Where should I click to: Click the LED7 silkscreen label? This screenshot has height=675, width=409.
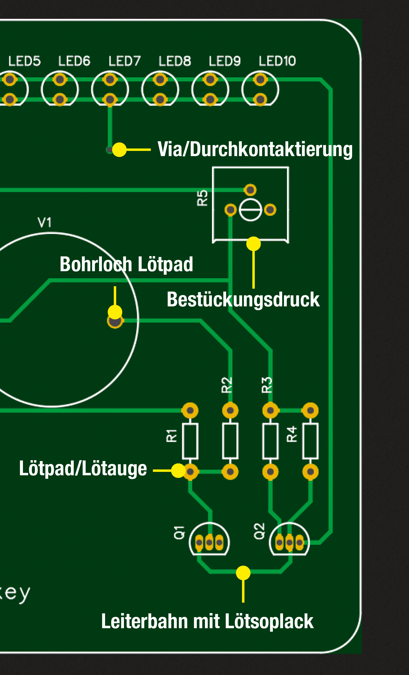pos(124,61)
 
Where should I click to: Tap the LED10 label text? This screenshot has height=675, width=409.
pos(277,61)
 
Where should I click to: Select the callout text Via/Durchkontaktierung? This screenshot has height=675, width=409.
pos(255,149)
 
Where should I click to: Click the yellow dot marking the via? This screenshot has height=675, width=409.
pos(119,150)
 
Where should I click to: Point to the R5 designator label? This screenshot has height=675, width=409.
pos(202,198)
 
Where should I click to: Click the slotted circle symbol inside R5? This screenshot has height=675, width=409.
pos(250,210)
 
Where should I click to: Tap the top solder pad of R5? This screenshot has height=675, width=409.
pos(250,190)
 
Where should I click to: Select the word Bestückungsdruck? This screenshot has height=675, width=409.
pos(243,299)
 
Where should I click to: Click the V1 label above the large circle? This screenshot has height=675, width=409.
pos(45,222)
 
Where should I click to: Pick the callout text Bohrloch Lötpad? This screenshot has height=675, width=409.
pos(126,264)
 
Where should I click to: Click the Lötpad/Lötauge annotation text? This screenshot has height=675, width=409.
pos(83,468)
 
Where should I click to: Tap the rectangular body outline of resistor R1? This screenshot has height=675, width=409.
pos(190,441)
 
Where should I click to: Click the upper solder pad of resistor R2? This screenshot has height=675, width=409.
pos(230,410)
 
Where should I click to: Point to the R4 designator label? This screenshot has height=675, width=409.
pos(292,434)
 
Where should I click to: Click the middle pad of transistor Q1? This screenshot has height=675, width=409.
pos(209,542)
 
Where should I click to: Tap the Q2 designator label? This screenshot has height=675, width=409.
pos(259,531)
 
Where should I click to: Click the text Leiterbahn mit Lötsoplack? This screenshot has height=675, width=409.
pos(207,621)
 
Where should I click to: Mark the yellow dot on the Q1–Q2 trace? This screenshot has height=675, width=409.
pos(243,573)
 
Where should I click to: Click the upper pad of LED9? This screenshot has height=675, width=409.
pos(210,79)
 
